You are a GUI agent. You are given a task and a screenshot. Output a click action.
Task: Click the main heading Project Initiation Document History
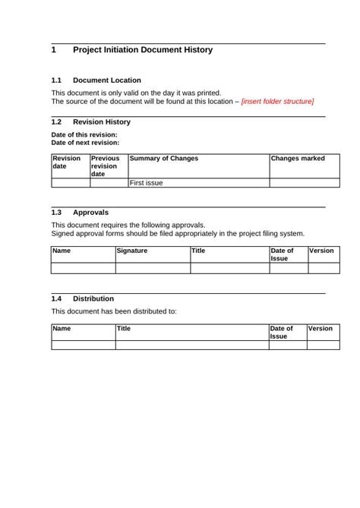point(142,50)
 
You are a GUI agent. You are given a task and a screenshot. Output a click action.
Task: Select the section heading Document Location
point(106,80)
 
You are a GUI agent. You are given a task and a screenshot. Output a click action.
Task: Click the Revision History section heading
point(101,121)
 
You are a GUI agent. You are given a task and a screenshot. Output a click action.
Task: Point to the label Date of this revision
point(84,134)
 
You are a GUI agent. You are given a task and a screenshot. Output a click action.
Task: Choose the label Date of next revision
point(84,142)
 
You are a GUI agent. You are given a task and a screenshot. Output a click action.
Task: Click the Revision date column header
point(66,162)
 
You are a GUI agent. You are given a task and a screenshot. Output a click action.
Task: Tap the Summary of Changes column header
point(164,159)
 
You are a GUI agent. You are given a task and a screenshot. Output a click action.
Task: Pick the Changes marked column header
point(298,159)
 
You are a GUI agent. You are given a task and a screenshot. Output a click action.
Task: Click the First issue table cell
point(147,183)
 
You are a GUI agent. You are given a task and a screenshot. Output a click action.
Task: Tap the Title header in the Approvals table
point(198,251)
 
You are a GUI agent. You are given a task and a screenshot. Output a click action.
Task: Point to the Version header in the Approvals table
point(321,251)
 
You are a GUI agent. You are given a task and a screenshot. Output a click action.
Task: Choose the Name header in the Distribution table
point(62,329)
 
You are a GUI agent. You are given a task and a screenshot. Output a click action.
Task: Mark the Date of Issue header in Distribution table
point(282,333)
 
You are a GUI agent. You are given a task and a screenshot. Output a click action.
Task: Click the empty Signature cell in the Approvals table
point(152,267)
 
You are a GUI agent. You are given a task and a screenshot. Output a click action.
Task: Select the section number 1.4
point(56,298)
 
